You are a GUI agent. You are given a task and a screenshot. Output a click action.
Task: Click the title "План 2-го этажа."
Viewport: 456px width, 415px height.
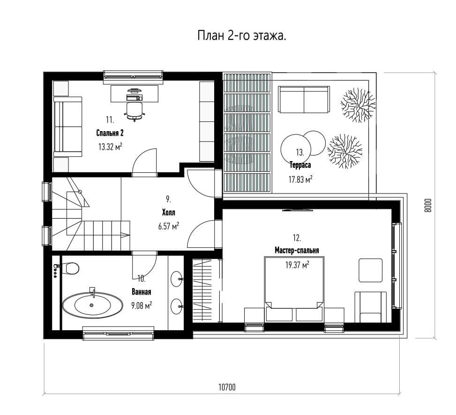point(242,36)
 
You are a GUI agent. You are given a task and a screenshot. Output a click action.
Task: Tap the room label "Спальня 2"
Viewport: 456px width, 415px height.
point(110,133)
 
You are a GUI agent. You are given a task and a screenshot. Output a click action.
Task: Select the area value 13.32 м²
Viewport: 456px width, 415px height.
point(110,146)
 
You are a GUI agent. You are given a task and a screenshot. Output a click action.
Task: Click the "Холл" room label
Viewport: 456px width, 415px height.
point(169,213)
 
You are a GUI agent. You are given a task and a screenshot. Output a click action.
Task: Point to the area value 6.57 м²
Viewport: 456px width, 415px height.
point(169,226)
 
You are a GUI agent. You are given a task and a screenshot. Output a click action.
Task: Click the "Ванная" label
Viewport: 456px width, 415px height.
point(142,292)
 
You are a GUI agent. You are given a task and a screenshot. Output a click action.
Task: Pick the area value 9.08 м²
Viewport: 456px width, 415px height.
point(142,305)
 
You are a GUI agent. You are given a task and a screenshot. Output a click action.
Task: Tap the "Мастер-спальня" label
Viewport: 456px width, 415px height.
point(297,250)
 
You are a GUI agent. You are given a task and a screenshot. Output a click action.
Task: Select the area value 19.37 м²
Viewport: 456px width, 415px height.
point(297,265)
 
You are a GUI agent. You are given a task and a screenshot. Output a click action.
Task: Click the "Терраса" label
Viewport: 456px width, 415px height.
point(300,165)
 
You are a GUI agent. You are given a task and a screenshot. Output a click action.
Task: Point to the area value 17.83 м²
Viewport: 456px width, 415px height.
point(300,179)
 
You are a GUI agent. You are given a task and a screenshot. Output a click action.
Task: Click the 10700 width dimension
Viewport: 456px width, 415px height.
point(227,387)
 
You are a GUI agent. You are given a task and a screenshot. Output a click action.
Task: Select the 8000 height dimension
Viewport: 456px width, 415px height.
point(427,206)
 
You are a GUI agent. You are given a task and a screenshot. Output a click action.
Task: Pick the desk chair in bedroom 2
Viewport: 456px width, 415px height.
point(135,111)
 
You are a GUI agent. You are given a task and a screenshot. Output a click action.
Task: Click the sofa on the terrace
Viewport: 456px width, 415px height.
point(304,99)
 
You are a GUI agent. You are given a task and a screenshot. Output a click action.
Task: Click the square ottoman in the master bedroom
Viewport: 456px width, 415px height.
point(371,270)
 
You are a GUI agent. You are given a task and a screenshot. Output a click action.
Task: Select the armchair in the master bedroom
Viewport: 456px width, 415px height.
point(371,307)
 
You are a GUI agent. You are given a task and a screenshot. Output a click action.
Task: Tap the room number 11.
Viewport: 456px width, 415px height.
point(110,120)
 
